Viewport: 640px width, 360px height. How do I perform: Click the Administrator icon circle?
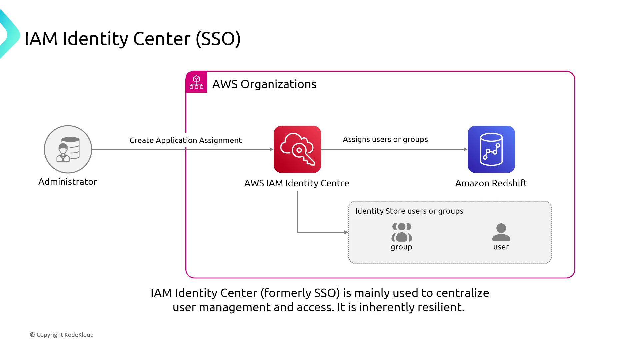(68, 149)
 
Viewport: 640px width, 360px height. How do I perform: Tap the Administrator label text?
(68, 182)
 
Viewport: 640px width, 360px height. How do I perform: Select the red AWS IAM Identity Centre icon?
(297, 149)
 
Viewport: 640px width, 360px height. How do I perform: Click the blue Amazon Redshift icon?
(491, 149)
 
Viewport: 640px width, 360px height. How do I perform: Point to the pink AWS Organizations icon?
(196, 82)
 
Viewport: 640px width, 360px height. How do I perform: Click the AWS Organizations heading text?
(264, 84)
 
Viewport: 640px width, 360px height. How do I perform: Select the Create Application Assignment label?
(186, 140)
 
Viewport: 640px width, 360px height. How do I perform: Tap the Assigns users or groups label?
(385, 139)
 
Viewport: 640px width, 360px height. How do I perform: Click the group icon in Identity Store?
(402, 232)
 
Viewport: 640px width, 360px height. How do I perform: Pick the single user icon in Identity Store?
(501, 232)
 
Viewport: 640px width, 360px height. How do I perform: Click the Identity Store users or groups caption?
(409, 211)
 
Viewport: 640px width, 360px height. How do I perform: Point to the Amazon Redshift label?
(491, 183)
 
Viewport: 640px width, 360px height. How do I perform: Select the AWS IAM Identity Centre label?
(297, 183)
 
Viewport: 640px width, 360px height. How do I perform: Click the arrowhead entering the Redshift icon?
(465, 149)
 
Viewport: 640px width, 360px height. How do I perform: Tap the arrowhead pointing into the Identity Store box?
(346, 232)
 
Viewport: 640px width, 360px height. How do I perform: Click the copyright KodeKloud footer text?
(62, 335)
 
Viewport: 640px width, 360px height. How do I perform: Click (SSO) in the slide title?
(218, 39)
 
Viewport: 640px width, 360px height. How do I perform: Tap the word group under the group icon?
(402, 247)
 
